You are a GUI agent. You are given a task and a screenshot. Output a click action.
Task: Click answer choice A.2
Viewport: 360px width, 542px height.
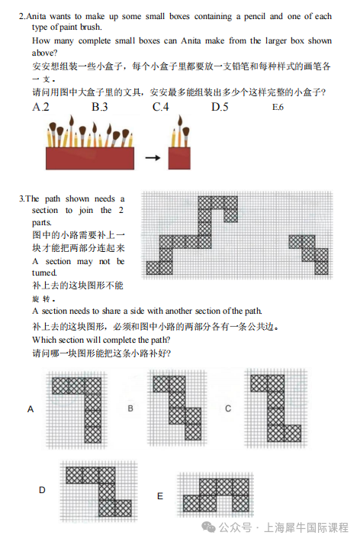coord(40,107)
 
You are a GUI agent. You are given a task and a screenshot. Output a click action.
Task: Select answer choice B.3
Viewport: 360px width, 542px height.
coord(99,107)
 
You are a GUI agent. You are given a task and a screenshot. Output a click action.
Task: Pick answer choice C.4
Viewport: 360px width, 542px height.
coord(160,107)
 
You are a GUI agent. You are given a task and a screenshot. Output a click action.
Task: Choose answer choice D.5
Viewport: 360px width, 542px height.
coord(220,107)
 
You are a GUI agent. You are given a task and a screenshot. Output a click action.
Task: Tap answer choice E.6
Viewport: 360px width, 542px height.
coord(278,107)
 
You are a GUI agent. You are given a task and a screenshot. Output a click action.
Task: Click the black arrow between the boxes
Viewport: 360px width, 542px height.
coord(153,158)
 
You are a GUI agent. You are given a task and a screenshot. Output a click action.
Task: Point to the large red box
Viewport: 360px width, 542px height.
coord(90,158)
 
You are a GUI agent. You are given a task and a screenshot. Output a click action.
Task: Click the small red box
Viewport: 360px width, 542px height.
coord(179,158)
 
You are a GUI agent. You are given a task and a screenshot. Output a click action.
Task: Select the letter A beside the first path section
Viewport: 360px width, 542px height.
coord(31,409)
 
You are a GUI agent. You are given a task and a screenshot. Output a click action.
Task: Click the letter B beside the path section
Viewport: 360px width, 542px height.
coord(130,408)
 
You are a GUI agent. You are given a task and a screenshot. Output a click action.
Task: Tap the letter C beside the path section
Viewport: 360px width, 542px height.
coord(228,408)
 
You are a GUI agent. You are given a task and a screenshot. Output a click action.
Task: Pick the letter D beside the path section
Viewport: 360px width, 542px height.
coord(42,490)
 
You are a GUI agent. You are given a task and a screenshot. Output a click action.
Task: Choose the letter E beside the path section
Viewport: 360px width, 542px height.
coord(160,496)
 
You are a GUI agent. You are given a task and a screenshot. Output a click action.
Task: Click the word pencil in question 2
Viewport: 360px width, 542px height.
coord(255,17)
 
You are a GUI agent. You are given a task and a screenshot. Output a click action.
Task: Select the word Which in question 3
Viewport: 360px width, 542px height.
coord(44,340)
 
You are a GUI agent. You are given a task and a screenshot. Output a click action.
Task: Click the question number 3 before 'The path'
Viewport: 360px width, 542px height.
coord(21,198)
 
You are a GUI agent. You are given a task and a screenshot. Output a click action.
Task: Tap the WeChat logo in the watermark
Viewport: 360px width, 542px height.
coord(208,527)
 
